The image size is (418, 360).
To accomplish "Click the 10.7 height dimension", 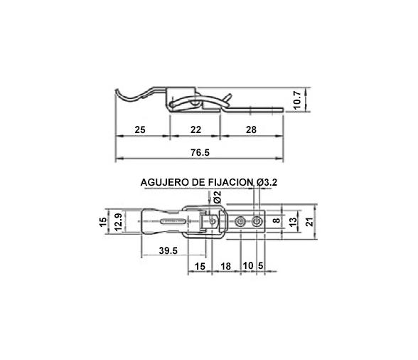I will click(298, 100).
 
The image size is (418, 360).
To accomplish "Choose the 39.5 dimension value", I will click(168, 251).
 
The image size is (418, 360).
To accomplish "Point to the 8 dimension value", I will click(277, 222).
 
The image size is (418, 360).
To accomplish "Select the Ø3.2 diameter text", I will click(266, 183).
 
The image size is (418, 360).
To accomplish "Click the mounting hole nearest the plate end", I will click(257, 222).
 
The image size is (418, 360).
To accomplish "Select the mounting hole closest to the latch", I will click(242, 222).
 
